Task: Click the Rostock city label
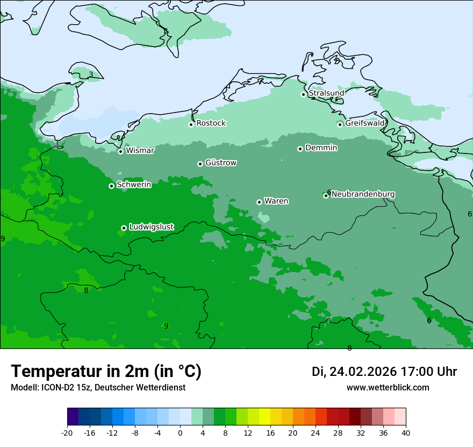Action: tap(211, 123)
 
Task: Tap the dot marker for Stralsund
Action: tap(303, 94)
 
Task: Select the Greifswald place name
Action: tap(364, 123)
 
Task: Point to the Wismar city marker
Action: tap(120, 151)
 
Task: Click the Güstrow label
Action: tap(220, 163)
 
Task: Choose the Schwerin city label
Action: tap(133, 185)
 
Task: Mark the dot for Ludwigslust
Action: tap(124, 228)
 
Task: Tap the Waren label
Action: tap(276, 201)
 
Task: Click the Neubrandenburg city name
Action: tap(363, 194)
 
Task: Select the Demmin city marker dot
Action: tap(300, 149)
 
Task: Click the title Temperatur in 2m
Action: tap(106, 371)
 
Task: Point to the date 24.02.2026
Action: tap(363, 372)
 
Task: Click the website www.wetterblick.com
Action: tap(388, 387)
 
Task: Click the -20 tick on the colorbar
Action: tap(67, 432)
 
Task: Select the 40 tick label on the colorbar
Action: tap(406, 432)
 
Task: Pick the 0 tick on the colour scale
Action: tap(180, 432)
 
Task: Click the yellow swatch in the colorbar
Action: tap(264, 417)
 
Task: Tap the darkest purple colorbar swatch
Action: tap(73, 417)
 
